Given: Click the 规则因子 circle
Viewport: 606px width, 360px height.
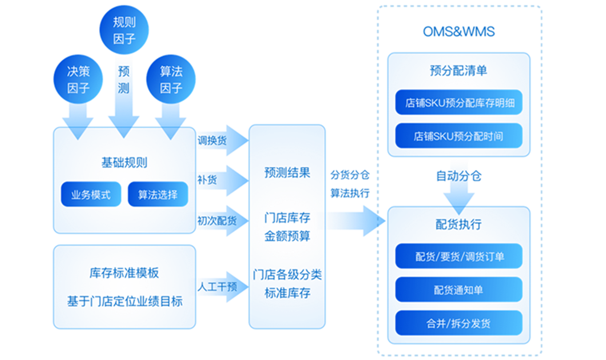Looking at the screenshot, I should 124,30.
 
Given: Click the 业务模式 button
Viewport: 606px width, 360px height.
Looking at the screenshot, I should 91,194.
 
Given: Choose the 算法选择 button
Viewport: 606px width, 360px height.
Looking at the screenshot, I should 158,194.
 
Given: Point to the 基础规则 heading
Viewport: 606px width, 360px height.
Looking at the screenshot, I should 124,163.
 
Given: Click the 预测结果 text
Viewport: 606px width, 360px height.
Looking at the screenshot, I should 287,173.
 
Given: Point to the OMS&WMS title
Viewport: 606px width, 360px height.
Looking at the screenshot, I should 459,32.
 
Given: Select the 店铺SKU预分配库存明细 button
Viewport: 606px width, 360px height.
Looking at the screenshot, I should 459,103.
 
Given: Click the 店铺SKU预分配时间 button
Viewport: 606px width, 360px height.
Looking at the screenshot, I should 459,136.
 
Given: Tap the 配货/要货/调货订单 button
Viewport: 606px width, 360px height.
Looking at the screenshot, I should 459,256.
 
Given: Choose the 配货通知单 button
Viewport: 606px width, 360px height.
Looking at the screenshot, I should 459,290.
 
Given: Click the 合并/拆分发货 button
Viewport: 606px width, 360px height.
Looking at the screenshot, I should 459,323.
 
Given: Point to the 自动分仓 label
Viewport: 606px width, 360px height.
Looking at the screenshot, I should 459,176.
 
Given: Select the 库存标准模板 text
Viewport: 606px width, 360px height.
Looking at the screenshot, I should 124,273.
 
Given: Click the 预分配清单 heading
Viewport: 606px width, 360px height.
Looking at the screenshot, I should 459,71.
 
